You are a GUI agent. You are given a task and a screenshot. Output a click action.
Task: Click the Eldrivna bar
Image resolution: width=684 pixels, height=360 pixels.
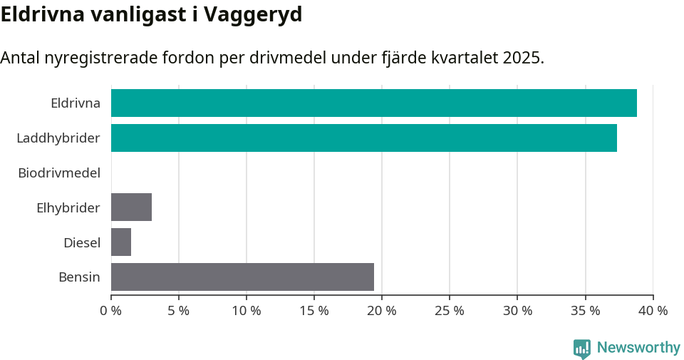pyautogui.click(x=373, y=103)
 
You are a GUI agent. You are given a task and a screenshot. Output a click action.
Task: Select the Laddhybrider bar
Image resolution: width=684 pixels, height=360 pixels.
pyautogui.click(x=363, y=138)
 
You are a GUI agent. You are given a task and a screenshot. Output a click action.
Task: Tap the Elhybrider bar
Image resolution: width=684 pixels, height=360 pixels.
pyautogui.click(x=131, y=207)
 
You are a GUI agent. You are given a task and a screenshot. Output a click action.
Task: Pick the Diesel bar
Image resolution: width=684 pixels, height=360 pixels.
pyautogui.click(x=121, y=242)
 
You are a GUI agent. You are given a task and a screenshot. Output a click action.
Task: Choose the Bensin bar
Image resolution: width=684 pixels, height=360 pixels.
pyautogui.click(x=242, y=277)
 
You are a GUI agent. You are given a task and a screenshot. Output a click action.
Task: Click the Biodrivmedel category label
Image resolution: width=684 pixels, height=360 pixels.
pyautogui.click(x=59, y=173)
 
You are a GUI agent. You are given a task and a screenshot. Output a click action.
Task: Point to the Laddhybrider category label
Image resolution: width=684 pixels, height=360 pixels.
pyautogui.click(x=58, y=138)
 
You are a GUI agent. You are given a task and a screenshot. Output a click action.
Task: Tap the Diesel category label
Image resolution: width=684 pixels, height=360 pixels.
pyautogui.click(x=82, y=242)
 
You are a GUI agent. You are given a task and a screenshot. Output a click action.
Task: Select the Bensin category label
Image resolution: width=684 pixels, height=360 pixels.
pyautogui.click(x=79, y=277)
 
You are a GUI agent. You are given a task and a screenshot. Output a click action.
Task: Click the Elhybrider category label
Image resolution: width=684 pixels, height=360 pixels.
pyautogui.click(x=68, y=207)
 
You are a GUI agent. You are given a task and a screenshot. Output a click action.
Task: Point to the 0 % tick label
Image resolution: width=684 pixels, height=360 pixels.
pyautogui.click(x=111, y=311)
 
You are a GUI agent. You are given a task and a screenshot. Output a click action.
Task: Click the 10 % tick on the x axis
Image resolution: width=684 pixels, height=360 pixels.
pyautogui.click(x=247, y=311)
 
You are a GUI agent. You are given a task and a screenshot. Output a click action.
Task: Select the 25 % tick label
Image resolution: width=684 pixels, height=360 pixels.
pyautogui.click(x=450, y=311)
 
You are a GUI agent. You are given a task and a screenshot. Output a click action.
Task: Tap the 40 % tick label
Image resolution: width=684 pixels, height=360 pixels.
pyautogui.click(x=653, y=311)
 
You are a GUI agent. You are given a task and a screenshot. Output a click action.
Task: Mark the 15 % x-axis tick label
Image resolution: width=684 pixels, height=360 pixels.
pyautogui.click(x=314, y=311)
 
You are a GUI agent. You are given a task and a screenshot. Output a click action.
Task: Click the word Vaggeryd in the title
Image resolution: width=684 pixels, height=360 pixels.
pyautogui.click(x=253, y=14)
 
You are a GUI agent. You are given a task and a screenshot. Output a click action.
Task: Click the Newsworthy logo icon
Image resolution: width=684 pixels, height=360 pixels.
pyautogui.click(x=582, y=349)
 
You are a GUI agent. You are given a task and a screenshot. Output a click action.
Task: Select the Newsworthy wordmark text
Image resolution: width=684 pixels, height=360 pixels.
pyautogui.click(x=638, y=348)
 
